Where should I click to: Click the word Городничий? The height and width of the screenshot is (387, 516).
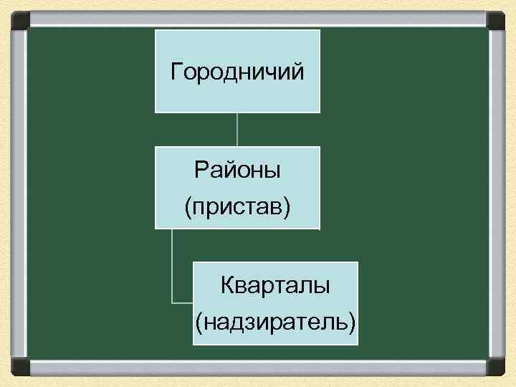pos(237,72)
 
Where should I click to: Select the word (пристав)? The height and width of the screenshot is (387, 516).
pos(237,207)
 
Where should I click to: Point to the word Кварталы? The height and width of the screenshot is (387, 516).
pos(275,285)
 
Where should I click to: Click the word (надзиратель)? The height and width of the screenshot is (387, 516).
pos(275,322)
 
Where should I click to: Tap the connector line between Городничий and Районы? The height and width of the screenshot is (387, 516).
pos(237,130)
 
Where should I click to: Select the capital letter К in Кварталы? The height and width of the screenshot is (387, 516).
pos(227,285)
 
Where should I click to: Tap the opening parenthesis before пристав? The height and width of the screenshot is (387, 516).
pos(188,208)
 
